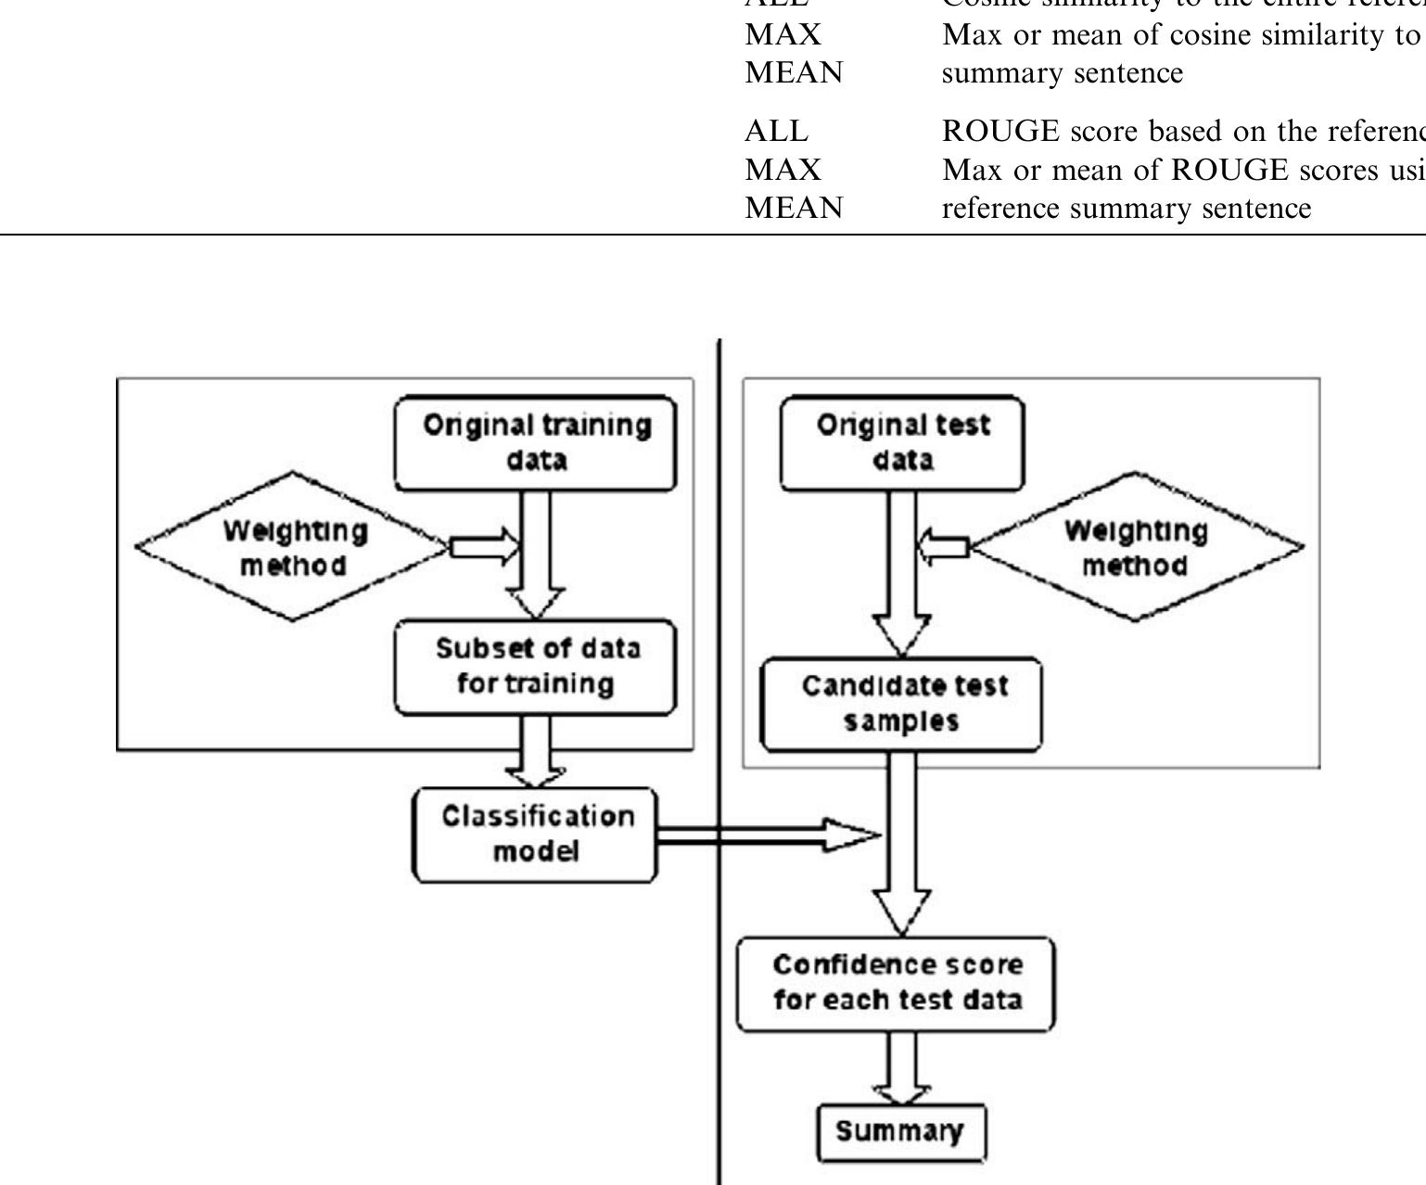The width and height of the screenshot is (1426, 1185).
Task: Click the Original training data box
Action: (536, 443)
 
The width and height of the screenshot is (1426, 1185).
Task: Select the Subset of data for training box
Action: (536, 667)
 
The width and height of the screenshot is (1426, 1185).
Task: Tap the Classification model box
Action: (535, 835)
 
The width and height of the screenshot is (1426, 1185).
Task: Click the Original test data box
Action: (902, 443)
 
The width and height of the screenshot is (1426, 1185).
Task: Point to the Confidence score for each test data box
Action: (897, 984)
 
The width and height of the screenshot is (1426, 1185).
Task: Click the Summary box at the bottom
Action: (900, 1132)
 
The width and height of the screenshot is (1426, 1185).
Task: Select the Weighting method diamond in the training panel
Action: (293, 547)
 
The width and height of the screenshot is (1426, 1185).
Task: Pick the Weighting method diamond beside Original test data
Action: (1136, 547)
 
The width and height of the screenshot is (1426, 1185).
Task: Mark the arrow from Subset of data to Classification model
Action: (536, 751)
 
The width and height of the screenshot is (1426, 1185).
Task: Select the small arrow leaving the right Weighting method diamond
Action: (944, 547)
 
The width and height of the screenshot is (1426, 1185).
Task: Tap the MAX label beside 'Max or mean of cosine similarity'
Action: (783, 35)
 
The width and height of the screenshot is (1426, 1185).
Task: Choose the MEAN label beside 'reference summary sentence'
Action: (794, 208)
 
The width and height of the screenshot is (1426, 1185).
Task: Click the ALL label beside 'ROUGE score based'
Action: (776, 132)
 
